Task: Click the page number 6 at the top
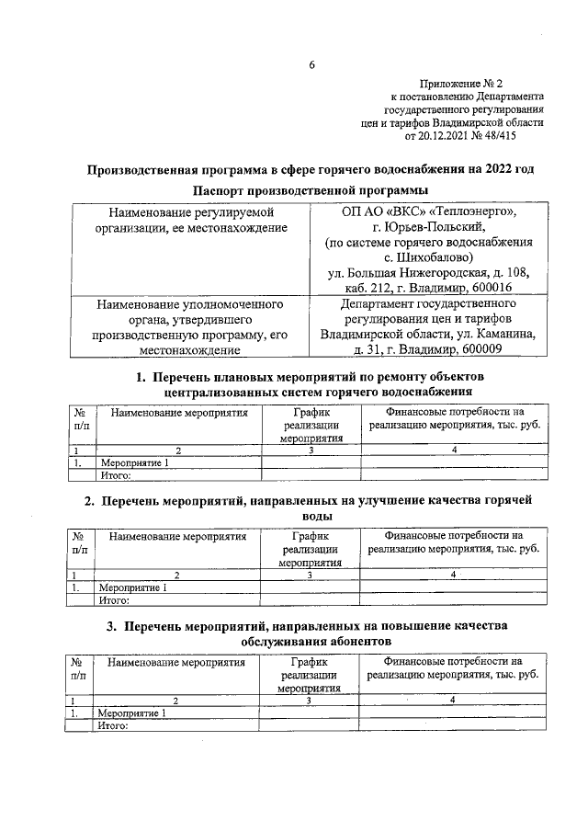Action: (311, 64)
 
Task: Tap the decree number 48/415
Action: (521, 134)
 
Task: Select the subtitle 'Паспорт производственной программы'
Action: (311, 190)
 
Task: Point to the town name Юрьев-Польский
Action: (441, 227)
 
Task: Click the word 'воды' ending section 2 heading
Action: (311, 517)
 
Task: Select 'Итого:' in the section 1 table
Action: (117, 475)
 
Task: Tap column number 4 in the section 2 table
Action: (453, 575)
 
